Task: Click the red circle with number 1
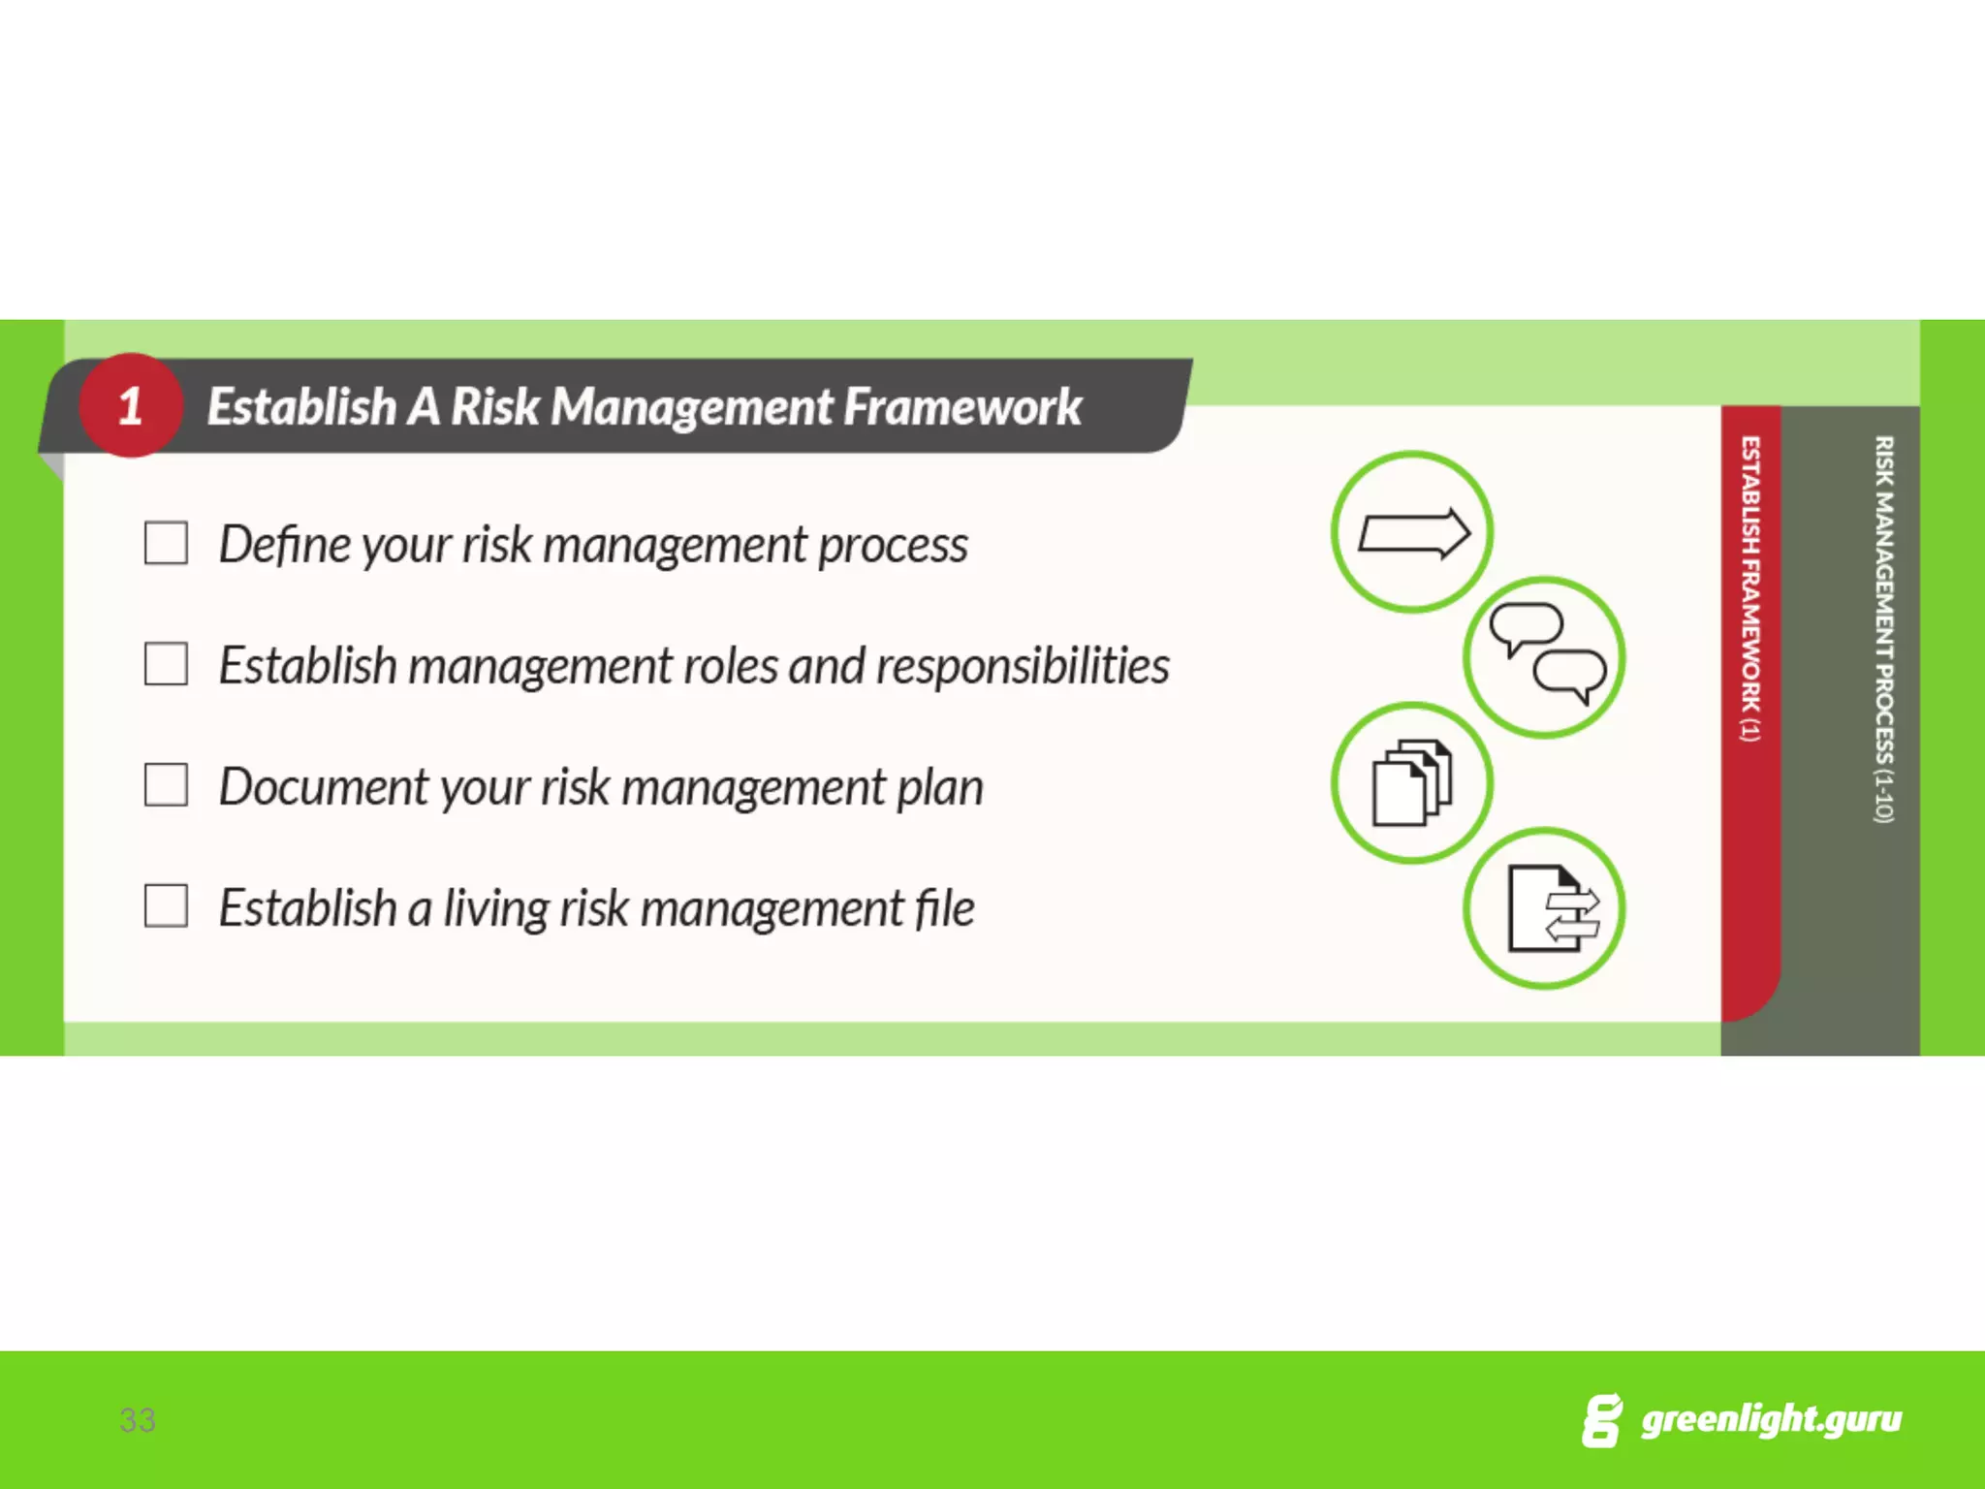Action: [131, 405]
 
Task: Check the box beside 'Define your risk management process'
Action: [166, 543]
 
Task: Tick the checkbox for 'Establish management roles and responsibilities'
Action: [166, 664]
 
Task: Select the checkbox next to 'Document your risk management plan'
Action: [166, 785]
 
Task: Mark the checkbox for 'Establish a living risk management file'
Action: [166, 906]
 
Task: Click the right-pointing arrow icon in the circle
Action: [1412, 532]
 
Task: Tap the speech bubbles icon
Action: [1545, 657]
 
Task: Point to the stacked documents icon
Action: [1411, 782]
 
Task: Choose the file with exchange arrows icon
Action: [1545, 908]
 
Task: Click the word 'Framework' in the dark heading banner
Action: [961, 406]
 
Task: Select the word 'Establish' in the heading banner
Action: [301, 406]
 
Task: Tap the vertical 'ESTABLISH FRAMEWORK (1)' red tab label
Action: [1750, 588]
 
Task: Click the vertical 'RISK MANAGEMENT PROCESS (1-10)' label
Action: [1883, 629]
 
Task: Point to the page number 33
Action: [138, 1420]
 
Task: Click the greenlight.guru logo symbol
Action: [1601, 1421]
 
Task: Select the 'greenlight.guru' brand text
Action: [1771, 1420]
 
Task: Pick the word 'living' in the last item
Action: [495, 909]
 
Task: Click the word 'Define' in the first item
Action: [284, 544]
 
